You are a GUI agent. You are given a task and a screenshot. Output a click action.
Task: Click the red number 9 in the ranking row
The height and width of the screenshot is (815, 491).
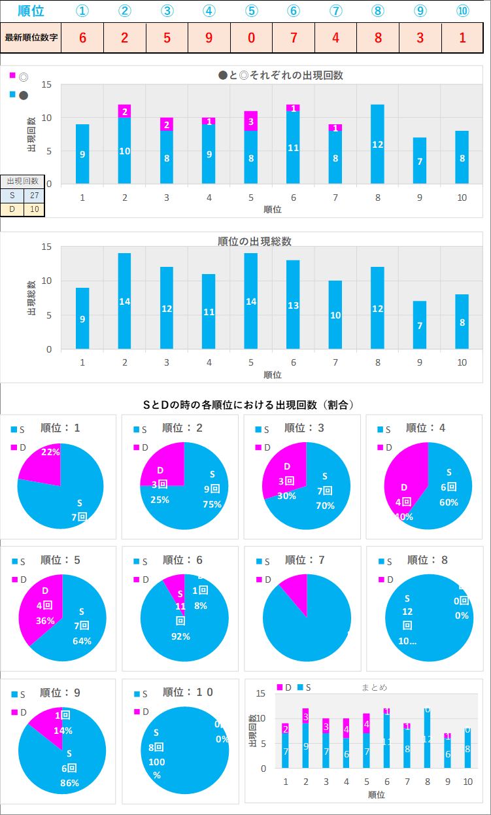click(x=209, y=37)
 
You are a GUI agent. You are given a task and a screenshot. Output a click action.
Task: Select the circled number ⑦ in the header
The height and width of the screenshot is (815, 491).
click(x=335, y=11)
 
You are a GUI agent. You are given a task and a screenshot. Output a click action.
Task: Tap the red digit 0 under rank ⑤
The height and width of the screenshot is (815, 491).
click(x=251, y=37)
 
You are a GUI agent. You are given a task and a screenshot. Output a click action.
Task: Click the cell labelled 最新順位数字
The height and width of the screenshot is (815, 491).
click(x=31, y=37)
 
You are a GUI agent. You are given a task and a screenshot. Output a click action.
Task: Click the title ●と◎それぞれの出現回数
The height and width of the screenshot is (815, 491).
click(x=280, y=75)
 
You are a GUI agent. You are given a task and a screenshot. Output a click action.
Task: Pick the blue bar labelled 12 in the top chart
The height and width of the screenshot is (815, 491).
click(x=377, y=144)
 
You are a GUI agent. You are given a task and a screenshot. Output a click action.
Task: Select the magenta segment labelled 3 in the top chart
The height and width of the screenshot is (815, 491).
click(x=251, y=121)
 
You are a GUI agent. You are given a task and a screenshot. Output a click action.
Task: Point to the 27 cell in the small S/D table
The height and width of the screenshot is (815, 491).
click(x=33, y=195)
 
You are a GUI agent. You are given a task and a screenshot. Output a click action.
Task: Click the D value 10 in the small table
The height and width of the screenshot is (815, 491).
click(x=33, y=209)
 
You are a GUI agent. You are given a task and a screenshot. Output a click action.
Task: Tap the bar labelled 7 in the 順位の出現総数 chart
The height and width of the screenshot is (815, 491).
click(x=419, y=325)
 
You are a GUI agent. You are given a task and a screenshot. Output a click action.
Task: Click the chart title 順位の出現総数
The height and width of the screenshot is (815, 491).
click(x=254, y=241)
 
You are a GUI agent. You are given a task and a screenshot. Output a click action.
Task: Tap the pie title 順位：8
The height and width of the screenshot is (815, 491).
click(x=428, y=560)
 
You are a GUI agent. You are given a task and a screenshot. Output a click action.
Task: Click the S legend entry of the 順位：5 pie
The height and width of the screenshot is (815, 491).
click(x=18, y=561)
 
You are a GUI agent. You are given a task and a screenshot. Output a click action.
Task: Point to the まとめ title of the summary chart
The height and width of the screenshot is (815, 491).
click(x=375, y=687)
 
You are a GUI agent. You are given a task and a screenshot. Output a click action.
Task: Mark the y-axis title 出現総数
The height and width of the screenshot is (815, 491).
click(x=31, y=298)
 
